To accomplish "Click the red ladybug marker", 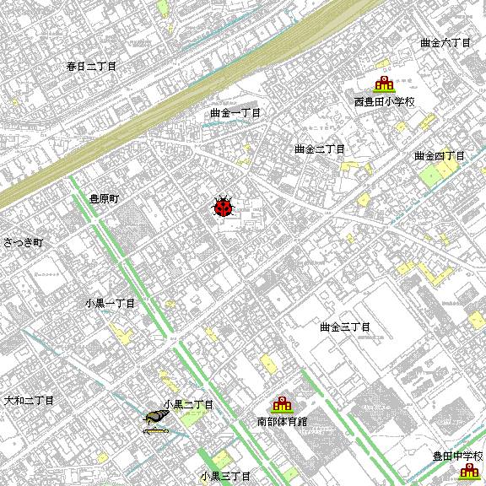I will [x=223, y=207].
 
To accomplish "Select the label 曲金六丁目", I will [x=445, y=42].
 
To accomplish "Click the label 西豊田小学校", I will [x=385, y=103].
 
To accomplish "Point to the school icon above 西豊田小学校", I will [x=385, y=85].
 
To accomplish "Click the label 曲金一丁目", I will [x=235, y=113].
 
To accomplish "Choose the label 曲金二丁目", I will [x=320, y=149].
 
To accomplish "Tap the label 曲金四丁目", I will [x=440, y=156].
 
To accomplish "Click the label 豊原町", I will [x=106, y=199].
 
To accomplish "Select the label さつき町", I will [x=23, y=242].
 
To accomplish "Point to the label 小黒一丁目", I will [x=110, y=303].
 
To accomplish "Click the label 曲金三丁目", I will [x=345, y=327].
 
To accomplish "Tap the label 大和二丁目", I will [x=29, y=400].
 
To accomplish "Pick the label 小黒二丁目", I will [x=188, y=405].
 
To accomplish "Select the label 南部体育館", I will [x=282, y=421].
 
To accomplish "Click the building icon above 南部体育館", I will [x=281, y=404].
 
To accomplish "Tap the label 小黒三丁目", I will [x=226, y=477].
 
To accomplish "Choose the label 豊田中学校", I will [x=456, y=456].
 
